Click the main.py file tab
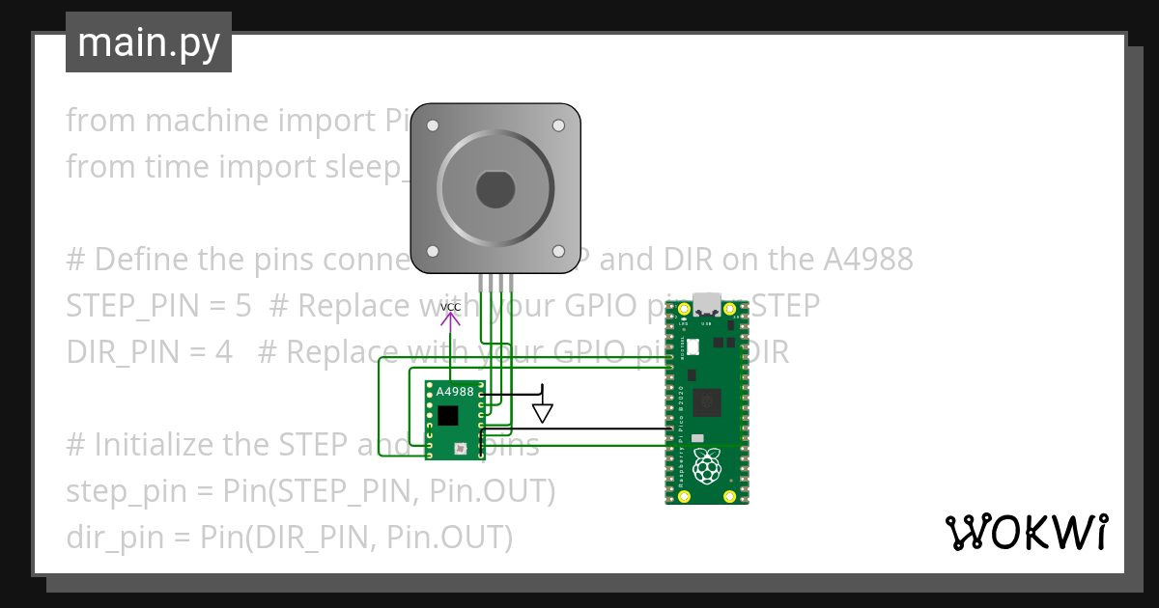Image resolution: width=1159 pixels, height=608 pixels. [149, 42]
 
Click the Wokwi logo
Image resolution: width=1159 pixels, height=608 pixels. [1026, 531]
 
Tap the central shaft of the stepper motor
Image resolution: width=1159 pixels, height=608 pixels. [495, 188]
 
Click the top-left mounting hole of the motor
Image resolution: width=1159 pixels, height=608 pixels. [433, 125]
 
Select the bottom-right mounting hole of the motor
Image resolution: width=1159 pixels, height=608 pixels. [558, 251]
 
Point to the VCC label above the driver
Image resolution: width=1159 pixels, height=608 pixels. [450, 308]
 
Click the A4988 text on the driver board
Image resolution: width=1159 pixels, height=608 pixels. [455, 392]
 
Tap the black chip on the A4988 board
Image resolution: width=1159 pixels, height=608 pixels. [447, 416]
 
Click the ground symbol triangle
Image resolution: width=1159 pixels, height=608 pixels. [543, 413]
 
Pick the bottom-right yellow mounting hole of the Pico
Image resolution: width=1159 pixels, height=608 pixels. [731, 496]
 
